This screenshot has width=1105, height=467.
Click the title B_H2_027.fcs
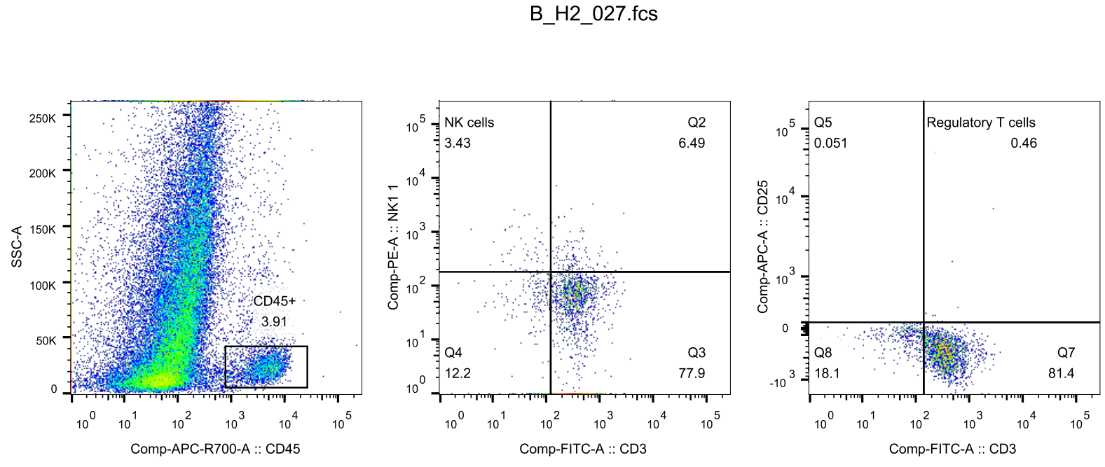tap(593, 14)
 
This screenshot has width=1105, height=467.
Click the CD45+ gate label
tap(274, 301)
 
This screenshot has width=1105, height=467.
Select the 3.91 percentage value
tap(274, 321)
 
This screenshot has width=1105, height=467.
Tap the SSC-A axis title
tap(17, 246)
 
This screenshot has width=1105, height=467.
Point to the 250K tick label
tap(42, 118)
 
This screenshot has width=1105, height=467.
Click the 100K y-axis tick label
tap(42, 286)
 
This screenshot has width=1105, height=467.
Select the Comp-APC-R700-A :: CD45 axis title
tap(215, 449)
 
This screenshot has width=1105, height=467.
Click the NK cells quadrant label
tap(469, 123)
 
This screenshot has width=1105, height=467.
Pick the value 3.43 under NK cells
tap(458, 143)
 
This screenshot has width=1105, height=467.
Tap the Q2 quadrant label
tap(696, 123)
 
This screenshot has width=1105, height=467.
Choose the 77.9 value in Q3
tap(692, 373)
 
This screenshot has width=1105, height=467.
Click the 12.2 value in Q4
tap(458, 373)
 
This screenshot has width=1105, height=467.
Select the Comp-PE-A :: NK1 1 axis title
tap(393, 246)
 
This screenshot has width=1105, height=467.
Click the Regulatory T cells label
tap(980, 123)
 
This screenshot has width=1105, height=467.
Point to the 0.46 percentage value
tap(1023, 143)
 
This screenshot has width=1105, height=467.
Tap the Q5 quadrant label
tap(823, 123)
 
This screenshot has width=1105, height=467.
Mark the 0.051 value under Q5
tap(830, 143)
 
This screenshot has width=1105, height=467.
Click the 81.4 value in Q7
tap(1061, 373)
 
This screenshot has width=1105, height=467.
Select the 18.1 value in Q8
tap(827, 373)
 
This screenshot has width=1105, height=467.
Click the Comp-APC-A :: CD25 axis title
tap(762, 246)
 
